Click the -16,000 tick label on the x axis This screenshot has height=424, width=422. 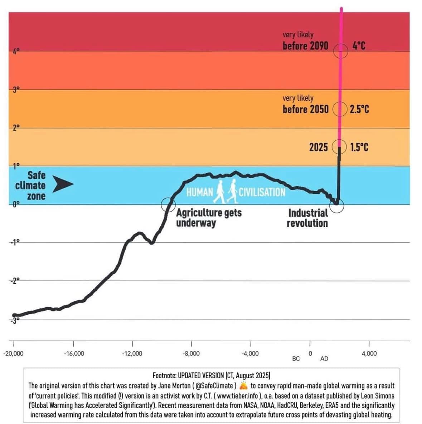(74, 353)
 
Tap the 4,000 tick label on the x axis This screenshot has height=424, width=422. (369, 353)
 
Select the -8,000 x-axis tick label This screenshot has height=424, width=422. (191, 353)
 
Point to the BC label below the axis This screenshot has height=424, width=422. (296, 358)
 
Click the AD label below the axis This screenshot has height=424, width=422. (324, 358)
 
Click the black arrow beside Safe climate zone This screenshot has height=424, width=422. (64, 184)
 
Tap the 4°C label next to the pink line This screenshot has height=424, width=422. (359, 46)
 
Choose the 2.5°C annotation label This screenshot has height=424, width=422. (359, 109)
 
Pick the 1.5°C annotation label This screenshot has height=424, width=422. (359, 147)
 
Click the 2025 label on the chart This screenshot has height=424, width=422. (318, 147)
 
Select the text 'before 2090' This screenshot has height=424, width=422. (305, 46)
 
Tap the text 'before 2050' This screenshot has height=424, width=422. (305, 109)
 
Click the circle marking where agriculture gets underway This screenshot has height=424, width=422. (168, 205)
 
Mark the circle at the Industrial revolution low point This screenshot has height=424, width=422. (337, 206)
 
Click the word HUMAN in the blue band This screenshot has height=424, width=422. (200, 192)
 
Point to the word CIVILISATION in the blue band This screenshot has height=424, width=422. (262, 192)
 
